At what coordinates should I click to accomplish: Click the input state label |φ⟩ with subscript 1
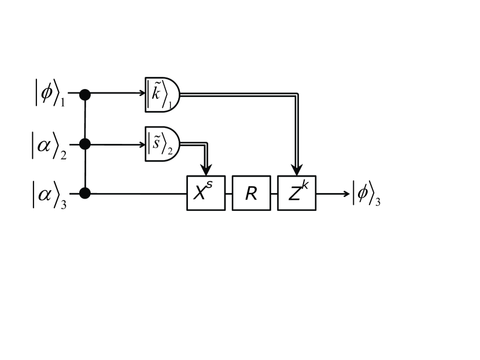click(x=49, y=94)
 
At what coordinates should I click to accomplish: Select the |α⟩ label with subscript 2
click(x=49, y=144)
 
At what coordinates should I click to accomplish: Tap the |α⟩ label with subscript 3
click(x=49, y=195)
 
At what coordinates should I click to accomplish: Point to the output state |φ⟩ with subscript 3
click(x=366, y=195)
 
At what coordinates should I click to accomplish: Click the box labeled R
click(x=251, y=194)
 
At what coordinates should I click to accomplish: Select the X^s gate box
click(x=206, y=194)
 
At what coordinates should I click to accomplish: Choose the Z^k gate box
click(x=297, y=194)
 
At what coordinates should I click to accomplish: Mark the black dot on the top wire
click(x=85, y=94)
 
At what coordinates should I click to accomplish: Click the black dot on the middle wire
click(x=85, y=144)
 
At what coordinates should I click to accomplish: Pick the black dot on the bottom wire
click(x=85, y=194)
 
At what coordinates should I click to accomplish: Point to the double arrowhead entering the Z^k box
click(x=297, y=170)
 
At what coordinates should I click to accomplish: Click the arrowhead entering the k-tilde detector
click(x=141, y=94)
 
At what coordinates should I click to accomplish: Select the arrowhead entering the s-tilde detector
click(x=141, y=144)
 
